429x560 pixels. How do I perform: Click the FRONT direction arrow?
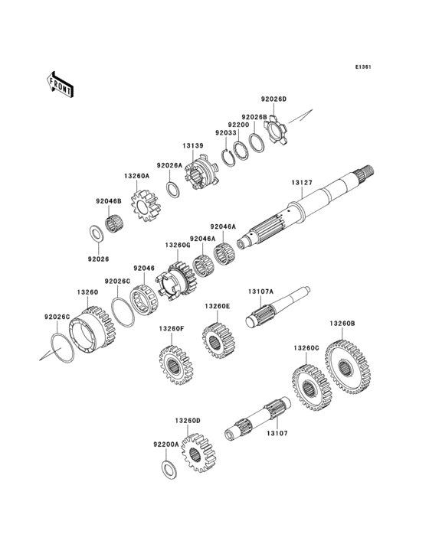60,85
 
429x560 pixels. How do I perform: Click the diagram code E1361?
363,67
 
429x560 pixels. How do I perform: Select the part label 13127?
302,183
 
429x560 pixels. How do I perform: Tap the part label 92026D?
273,99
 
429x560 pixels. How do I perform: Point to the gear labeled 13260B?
348,366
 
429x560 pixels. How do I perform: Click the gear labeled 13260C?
313,388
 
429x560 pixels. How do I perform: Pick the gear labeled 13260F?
175,365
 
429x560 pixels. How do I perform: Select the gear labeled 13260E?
218,340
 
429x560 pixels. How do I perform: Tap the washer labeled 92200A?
169,470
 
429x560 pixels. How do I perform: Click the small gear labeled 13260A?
146,206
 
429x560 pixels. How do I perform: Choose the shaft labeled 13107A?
277,307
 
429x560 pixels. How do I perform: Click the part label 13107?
277,433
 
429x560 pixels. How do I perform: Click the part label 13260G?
177,245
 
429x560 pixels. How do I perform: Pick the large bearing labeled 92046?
144,300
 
